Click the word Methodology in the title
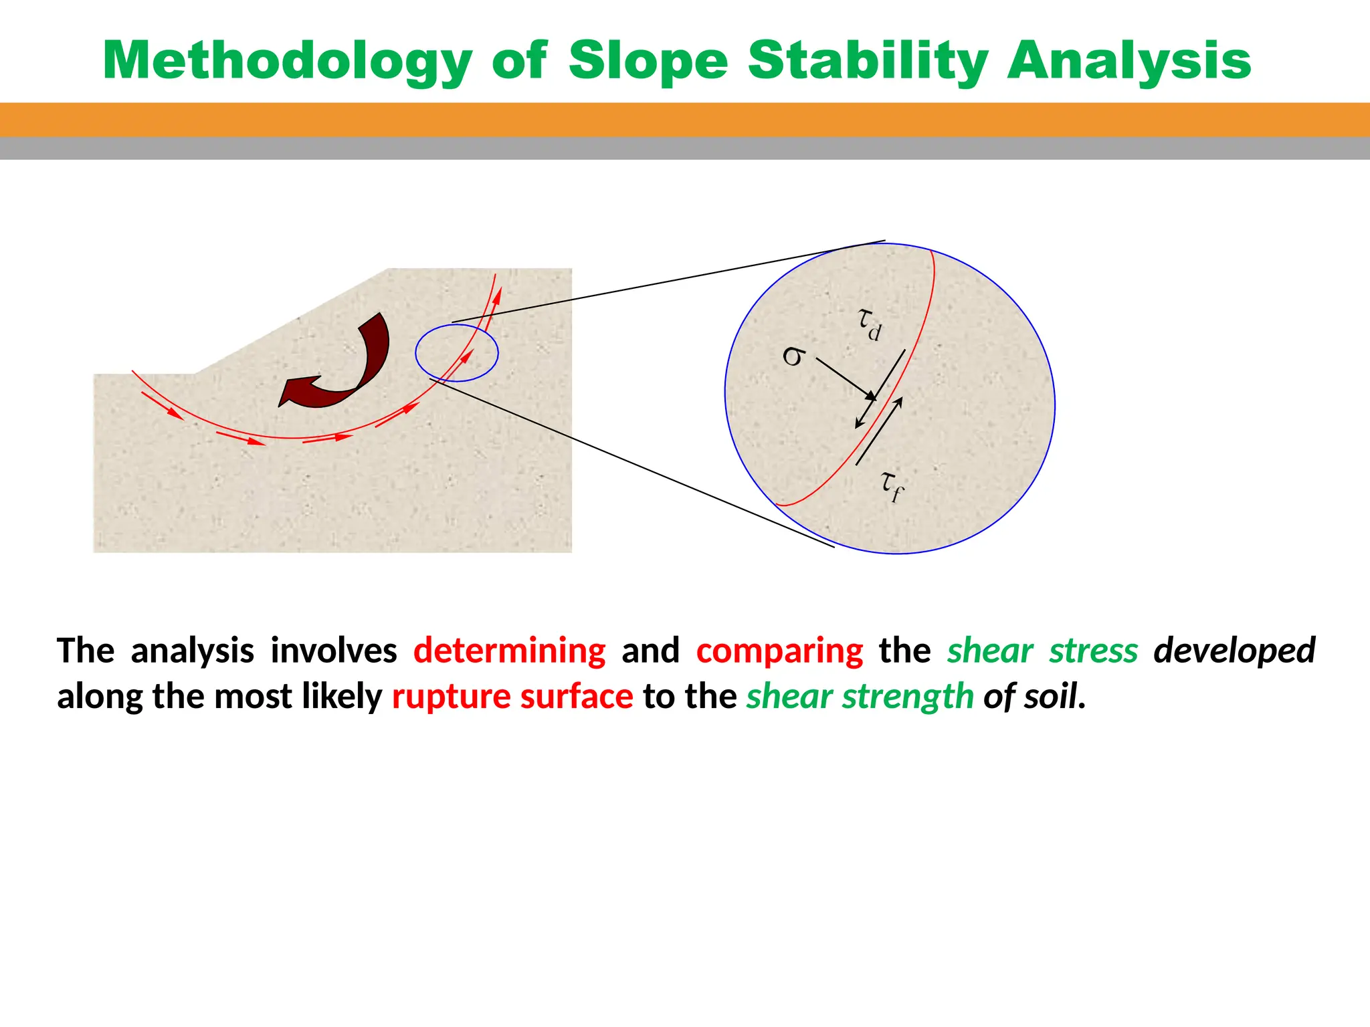(288, 62)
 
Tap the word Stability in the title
(868, 62)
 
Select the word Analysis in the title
(1129, 62)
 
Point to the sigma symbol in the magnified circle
(793, 356)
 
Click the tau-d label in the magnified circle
(870, 325)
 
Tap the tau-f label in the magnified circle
(892, 486)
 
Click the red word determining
(510, 651)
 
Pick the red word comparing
(780, 651)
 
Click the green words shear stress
(1042, 651)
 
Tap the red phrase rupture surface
(512, 697)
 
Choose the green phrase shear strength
(860, 697)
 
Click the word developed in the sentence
(1234, 651)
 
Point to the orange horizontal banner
(685, 120)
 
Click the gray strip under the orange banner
(685, 148)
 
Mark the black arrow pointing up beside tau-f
(879, 431)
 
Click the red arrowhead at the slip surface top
(497, 295)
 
